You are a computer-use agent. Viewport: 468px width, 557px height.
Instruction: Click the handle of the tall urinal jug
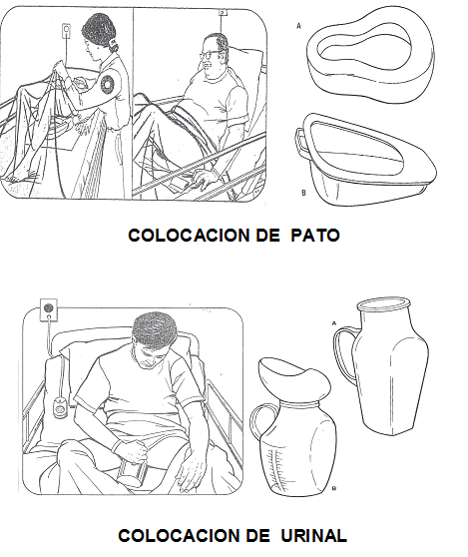pyautogui.click(x=342, y=355)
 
